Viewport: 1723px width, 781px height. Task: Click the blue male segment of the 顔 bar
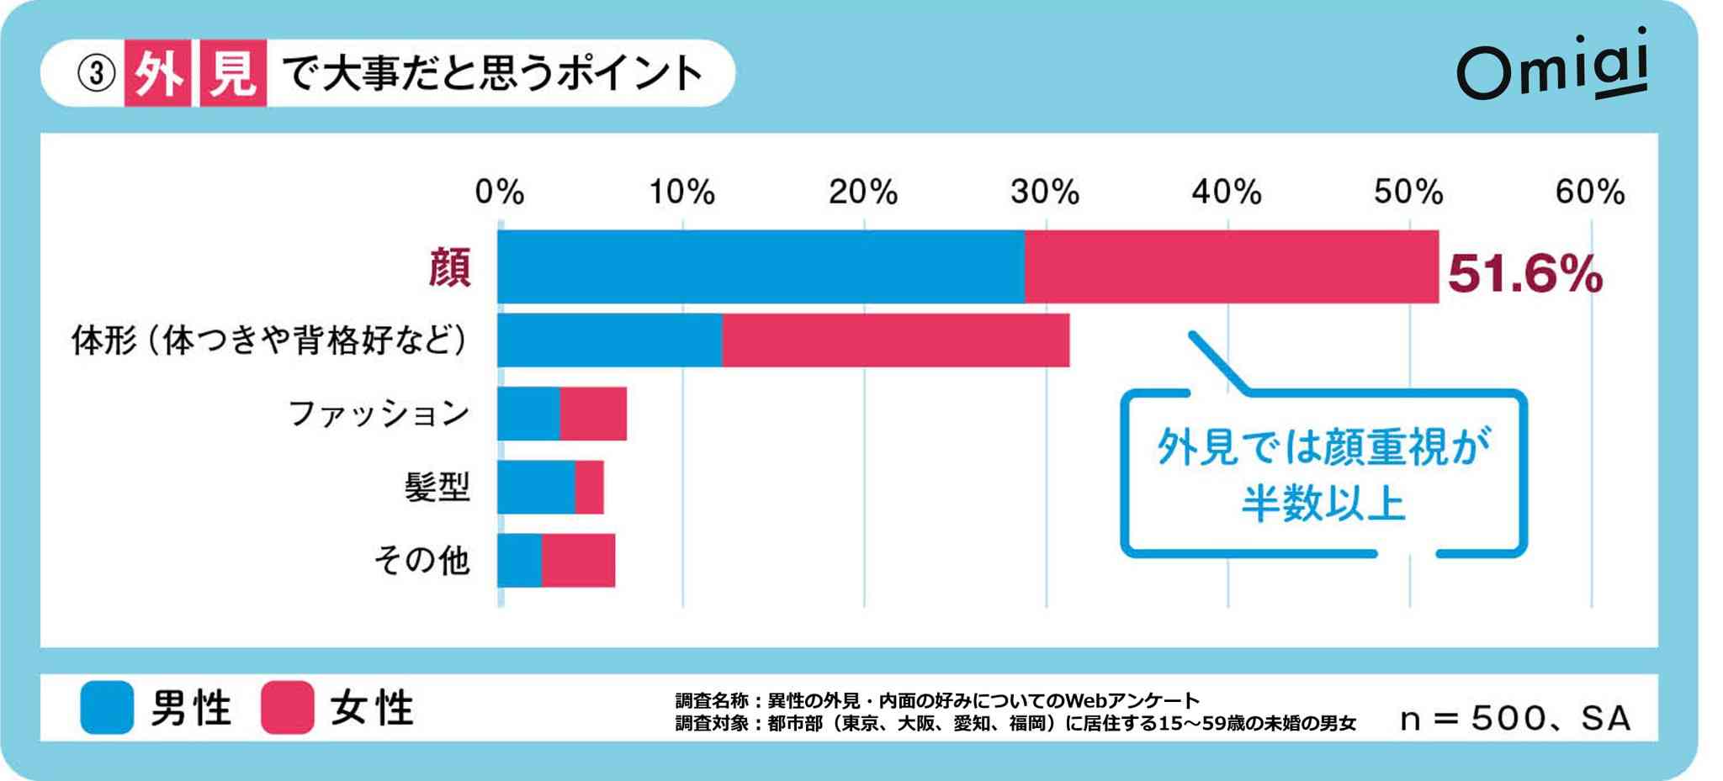pyautogui.click(x=761, y=266)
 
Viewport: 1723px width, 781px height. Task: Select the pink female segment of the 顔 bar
pyautogui.click(x=1231, y=266)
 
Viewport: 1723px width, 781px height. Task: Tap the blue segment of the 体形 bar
pyautogui.click(x=609, y=340)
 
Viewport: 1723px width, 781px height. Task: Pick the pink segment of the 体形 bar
pyautogui.click(x=895, y=340)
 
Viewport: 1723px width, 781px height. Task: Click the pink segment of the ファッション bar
pyautogui.click(x=593, y=414)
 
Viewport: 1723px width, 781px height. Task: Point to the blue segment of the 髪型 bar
pyautogui.click(x=536, y=487)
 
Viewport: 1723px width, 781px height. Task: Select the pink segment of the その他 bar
pyautogui.click(x=578, y=560)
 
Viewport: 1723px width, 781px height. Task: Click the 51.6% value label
pyautogui.click(x=1524, y=274)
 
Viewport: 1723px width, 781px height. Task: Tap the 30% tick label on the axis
pyautogui.click(x=1045, y=193)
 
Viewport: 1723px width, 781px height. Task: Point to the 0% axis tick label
pyautogui.click(x=500, y=193)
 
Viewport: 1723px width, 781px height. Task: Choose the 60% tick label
pyautogui.click(x=1589, y=193)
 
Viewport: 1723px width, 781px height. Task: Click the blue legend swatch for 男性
pyautogui.click(x=107, y=707)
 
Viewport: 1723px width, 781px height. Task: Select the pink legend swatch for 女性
pyautogui.click(x=288, y=707)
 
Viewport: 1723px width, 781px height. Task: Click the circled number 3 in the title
pyautogui.click(x=96, y=73)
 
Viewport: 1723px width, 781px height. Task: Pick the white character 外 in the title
pyautogui.click(x=158, y=73)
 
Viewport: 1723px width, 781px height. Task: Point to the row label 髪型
pyautogui.click(x=437, y=487)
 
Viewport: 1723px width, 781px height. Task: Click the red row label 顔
pyautogui.click(x=449, y=268)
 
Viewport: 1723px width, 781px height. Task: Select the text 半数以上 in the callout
pyautogui.click(x=1323, y=504)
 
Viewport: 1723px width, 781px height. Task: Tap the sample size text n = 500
pyautogui.click(x=1471, y=719)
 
